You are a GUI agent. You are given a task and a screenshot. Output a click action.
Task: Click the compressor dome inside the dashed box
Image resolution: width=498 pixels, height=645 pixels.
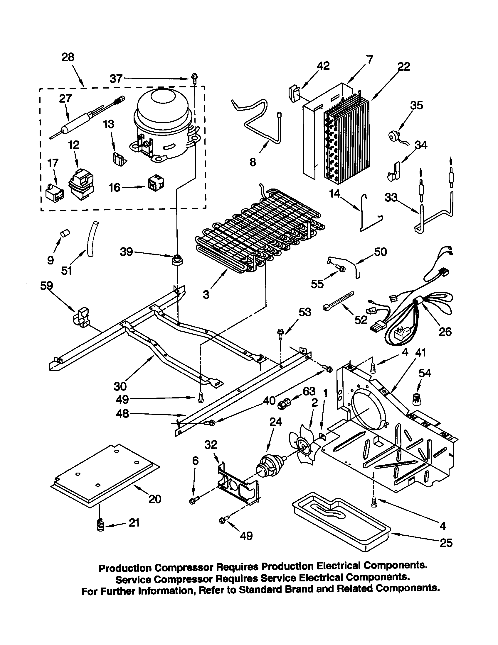[161, 124]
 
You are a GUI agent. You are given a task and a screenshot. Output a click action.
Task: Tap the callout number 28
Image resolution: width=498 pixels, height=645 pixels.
[68, 57]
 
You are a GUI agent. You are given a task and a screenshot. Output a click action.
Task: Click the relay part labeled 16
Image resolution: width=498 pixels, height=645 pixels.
[156, 184]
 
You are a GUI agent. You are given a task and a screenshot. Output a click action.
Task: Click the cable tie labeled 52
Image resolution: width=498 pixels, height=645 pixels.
[339, 300]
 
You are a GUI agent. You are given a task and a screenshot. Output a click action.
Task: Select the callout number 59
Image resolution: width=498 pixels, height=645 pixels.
[46, 286]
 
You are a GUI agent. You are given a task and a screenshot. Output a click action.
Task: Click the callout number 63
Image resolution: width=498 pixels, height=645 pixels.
[309, 391]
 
